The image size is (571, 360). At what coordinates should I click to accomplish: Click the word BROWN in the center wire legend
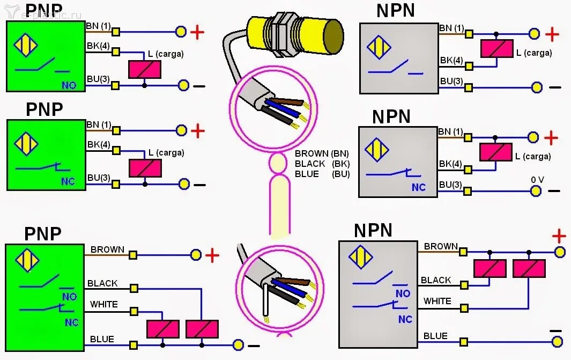(312, 153)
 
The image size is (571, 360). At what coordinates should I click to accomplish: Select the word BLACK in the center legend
(310, 164)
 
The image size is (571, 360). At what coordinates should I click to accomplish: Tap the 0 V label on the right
(537, 180)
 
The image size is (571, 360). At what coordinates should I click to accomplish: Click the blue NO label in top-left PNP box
(68, 85)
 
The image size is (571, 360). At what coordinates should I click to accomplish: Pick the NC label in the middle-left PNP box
(68, 181)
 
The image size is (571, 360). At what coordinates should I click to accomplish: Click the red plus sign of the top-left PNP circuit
(197, 32)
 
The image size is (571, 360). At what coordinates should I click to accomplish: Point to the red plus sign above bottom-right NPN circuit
(559, 236)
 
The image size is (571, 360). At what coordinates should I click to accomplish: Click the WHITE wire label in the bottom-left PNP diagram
(103, 304)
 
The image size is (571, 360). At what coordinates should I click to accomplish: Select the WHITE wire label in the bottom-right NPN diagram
(437, 301)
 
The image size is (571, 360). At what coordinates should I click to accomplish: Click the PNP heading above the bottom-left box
(43, 233)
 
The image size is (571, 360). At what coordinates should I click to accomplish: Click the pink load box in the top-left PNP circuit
(145, 69)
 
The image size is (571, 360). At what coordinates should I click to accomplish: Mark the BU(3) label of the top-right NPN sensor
(451, 82)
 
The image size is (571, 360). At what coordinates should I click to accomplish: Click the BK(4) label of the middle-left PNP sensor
(98, 144)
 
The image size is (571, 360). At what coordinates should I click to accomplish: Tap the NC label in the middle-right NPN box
(418, 188)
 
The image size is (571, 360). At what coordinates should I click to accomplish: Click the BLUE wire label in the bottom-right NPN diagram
(435, 336)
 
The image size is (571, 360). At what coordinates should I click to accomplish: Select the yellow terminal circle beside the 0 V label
(536, 190)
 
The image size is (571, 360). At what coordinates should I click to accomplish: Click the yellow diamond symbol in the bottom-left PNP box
(27, 260)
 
